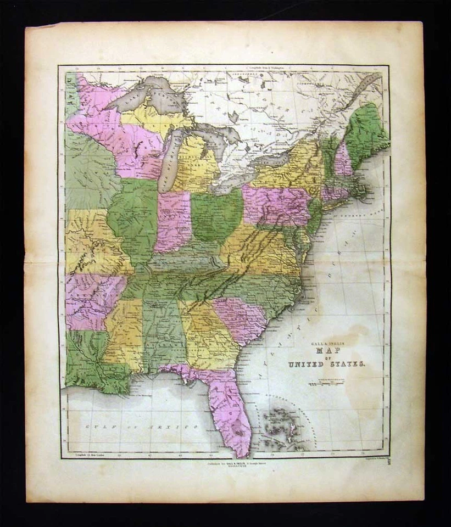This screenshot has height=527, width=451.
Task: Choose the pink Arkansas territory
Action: (88, 299)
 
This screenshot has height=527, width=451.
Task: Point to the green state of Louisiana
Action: (93, 368)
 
